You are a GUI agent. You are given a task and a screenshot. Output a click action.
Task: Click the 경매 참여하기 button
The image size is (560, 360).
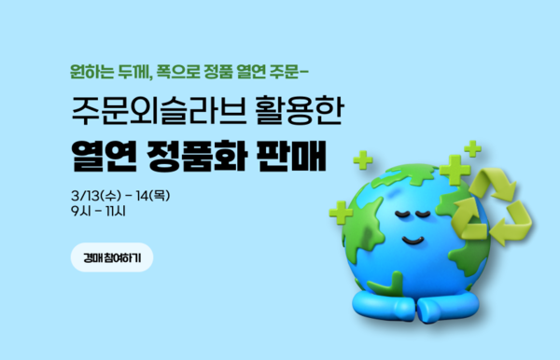[111, 256]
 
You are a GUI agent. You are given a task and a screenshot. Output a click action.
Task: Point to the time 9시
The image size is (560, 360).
[80, 212]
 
